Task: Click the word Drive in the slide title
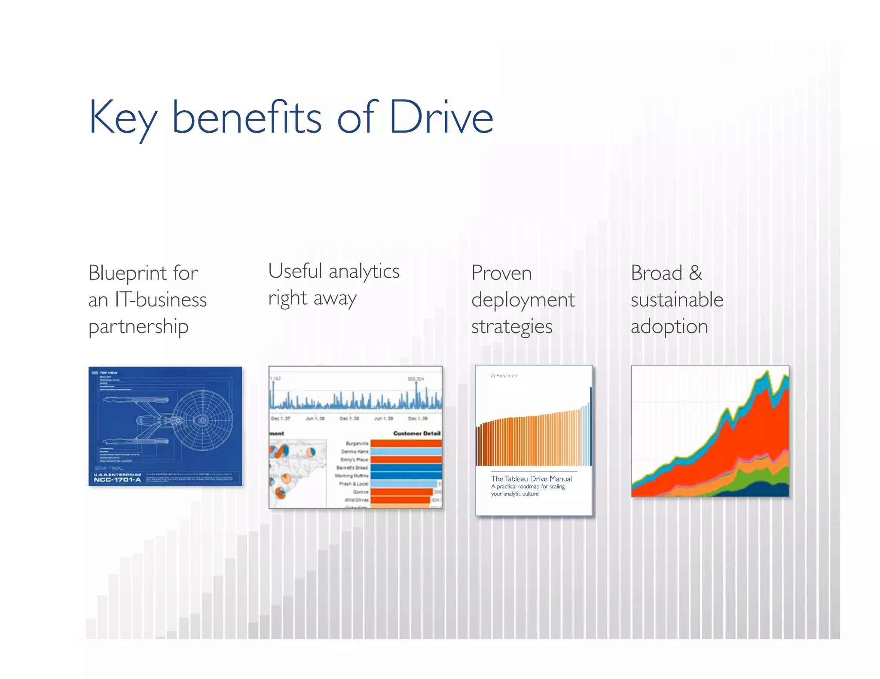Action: coord(441,117)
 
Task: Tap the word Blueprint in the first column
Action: coord(128,273)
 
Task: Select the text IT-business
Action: coord(160,300)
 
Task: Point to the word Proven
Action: coord(501,273)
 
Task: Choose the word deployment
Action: coord(522,300)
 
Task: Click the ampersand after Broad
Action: coord(695,273)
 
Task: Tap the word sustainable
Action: coord(677,300)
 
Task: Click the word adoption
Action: coord(669,327)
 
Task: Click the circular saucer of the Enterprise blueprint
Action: coord(202,421)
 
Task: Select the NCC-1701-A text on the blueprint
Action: coord(117,480)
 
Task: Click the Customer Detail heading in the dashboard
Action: coord(416,433)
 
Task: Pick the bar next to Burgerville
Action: coord(406,443)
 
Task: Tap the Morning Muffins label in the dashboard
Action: coord(351,476)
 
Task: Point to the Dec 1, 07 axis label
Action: coord(280,418)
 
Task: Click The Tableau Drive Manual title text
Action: coord(531,479)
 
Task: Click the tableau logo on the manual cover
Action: coord(504,376)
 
